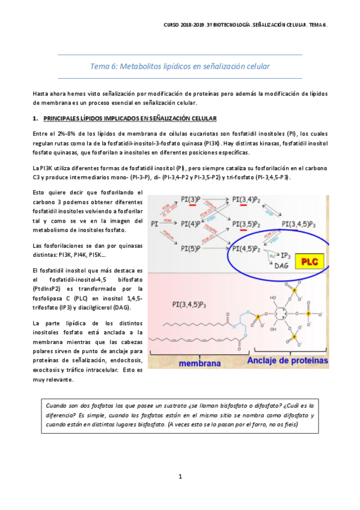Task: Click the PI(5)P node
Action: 194,248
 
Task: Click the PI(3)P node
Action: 194,200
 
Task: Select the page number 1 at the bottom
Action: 180,476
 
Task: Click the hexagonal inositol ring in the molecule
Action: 285,314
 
